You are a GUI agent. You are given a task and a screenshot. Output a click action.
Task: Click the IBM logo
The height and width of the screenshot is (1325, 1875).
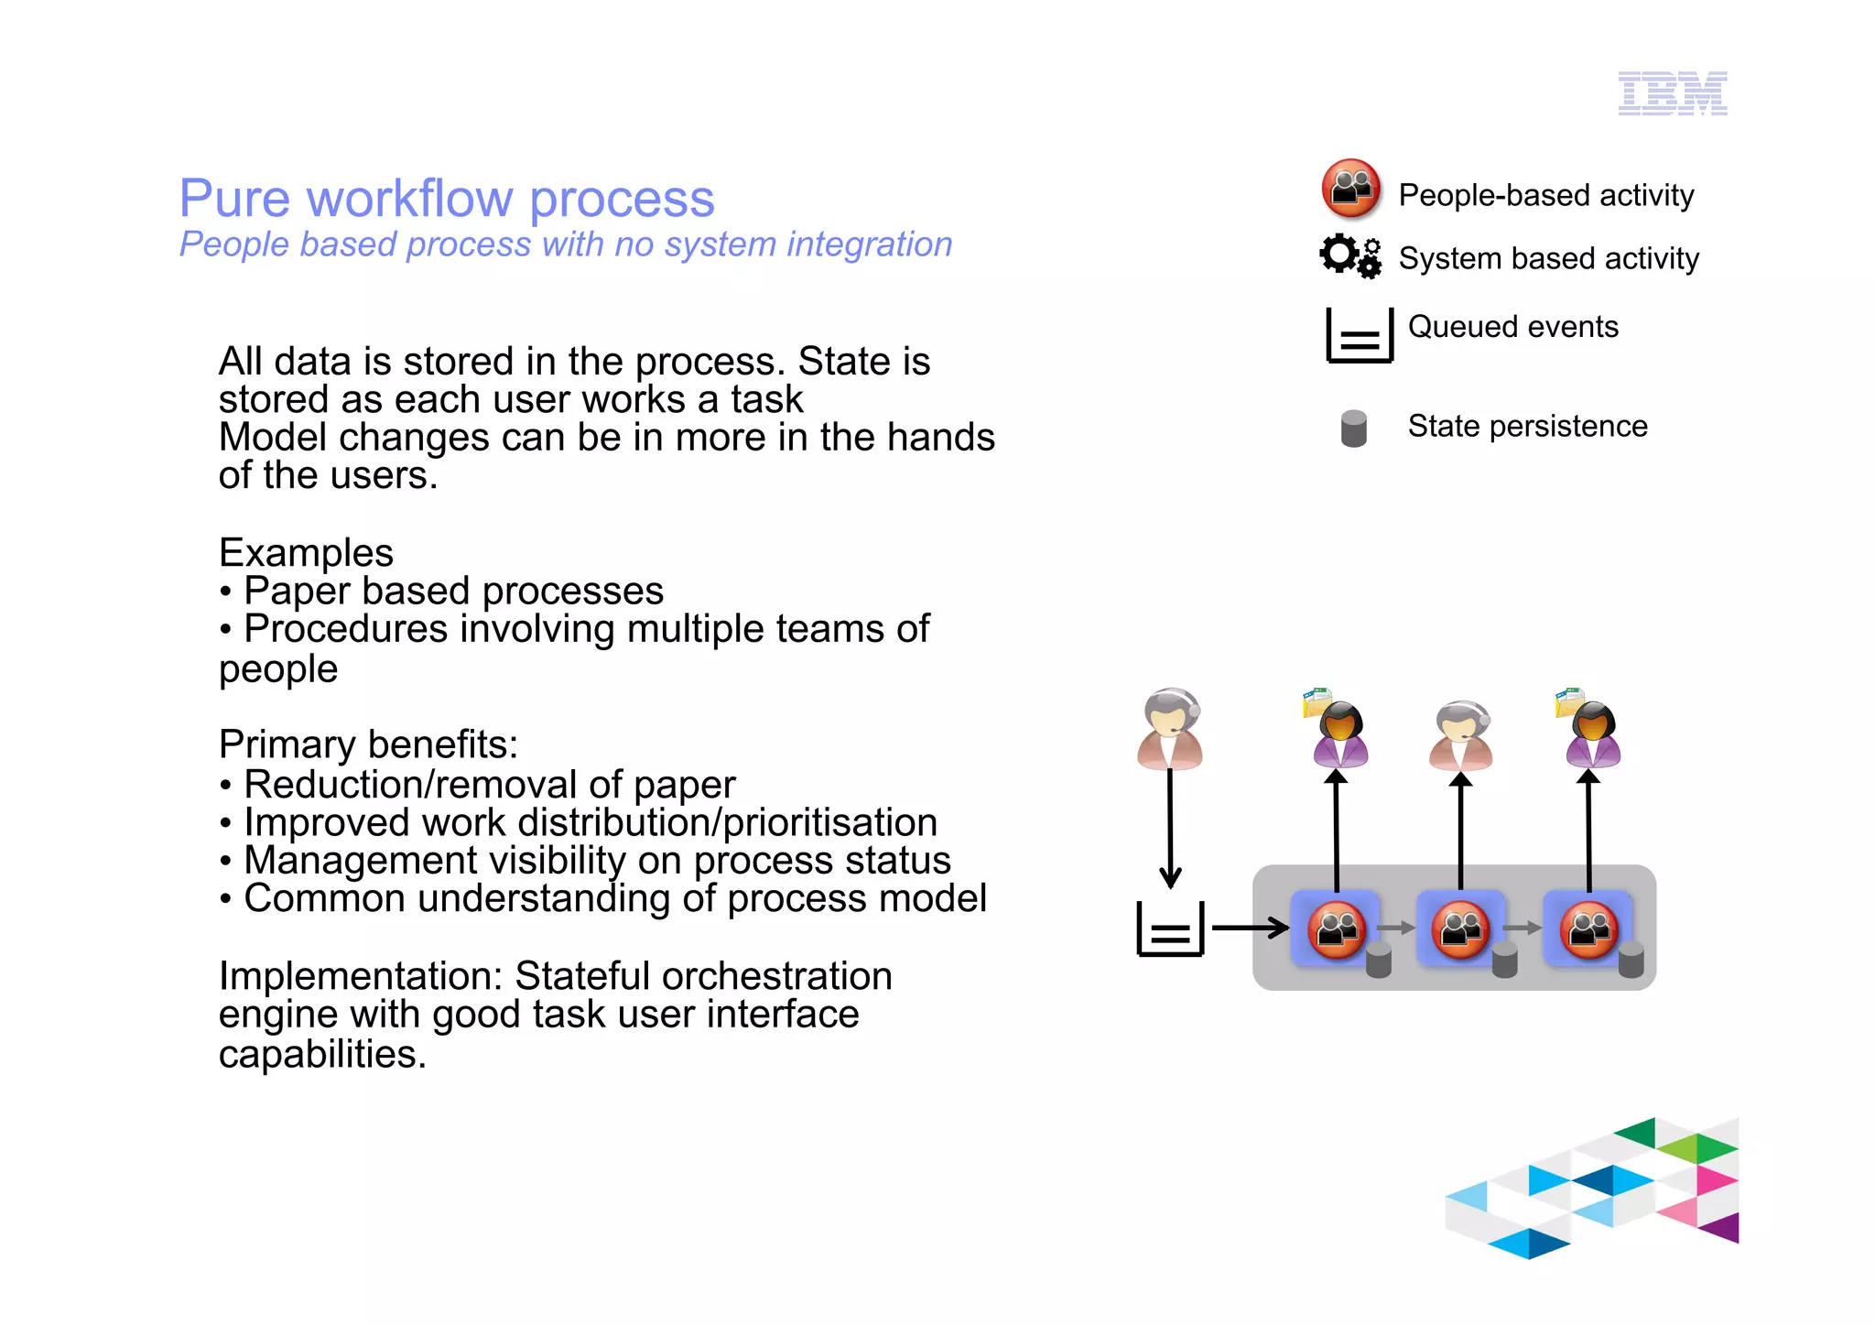tap(1672, 93)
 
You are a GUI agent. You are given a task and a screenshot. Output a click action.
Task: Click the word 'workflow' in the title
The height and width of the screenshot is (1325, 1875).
tap(409, 199)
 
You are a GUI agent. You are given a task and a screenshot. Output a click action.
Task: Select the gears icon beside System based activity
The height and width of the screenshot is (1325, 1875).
tap(1349, 255)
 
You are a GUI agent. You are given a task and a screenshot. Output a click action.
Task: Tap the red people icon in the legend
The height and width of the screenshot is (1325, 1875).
tap(1350, 189)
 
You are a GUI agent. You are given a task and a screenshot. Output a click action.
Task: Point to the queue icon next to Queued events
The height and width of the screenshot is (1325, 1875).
tap(1359, 335)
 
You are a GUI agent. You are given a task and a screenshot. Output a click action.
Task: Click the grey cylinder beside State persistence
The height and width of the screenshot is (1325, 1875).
tap(1353, 428)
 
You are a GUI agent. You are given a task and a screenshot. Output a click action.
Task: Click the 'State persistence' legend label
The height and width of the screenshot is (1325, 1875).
tap(1526, 427)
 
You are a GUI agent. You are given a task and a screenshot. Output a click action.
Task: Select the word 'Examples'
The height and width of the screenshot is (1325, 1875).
tap(306, 553)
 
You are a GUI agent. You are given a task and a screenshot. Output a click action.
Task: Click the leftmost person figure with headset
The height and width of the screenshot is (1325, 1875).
tap(1169, 729)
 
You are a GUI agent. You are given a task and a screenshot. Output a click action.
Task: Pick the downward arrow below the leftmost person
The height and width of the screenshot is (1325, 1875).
tap(1170, 829)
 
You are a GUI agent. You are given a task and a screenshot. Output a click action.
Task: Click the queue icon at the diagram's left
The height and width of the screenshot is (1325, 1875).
tap(1170, 929)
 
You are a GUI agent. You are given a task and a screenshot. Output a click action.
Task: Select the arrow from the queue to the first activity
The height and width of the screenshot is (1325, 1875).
tap(1250, 928)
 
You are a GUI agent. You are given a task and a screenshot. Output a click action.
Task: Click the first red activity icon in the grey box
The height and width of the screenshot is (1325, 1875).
tap(1336, 929)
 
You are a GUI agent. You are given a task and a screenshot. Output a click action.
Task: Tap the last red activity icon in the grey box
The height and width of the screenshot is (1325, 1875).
tap(1588, 929)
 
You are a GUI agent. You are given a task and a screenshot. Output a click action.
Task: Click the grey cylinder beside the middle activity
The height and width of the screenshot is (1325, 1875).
tap(1504, 961)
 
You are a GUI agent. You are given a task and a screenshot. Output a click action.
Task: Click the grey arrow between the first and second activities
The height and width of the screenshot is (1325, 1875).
tap(1396, 929)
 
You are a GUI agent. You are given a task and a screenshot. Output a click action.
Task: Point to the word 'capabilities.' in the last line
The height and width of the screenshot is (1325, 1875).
tap(322, 1055)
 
